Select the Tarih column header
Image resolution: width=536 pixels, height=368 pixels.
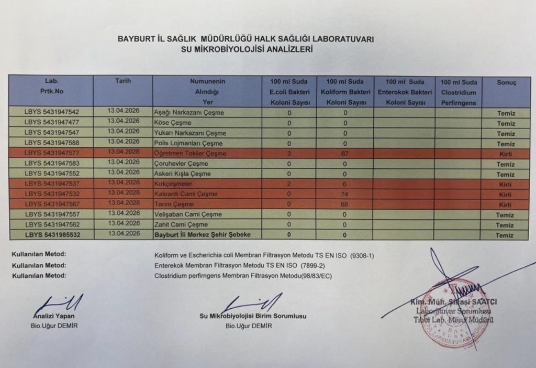coord(122,81)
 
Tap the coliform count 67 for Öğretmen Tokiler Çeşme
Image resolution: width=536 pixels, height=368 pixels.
coord(344,154)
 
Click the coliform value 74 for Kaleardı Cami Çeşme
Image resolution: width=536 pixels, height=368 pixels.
coord(344,194)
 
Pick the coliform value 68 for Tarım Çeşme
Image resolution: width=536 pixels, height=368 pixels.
coord(344,204)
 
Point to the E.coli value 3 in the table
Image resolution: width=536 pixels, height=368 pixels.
coord(289,154)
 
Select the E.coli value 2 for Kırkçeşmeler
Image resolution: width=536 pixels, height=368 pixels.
coord(289,184)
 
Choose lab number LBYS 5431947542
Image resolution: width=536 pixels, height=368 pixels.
coord(52,112)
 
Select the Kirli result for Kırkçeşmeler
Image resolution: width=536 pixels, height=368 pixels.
coord(506,185)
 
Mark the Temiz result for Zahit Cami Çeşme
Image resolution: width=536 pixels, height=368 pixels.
coord(506,225)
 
